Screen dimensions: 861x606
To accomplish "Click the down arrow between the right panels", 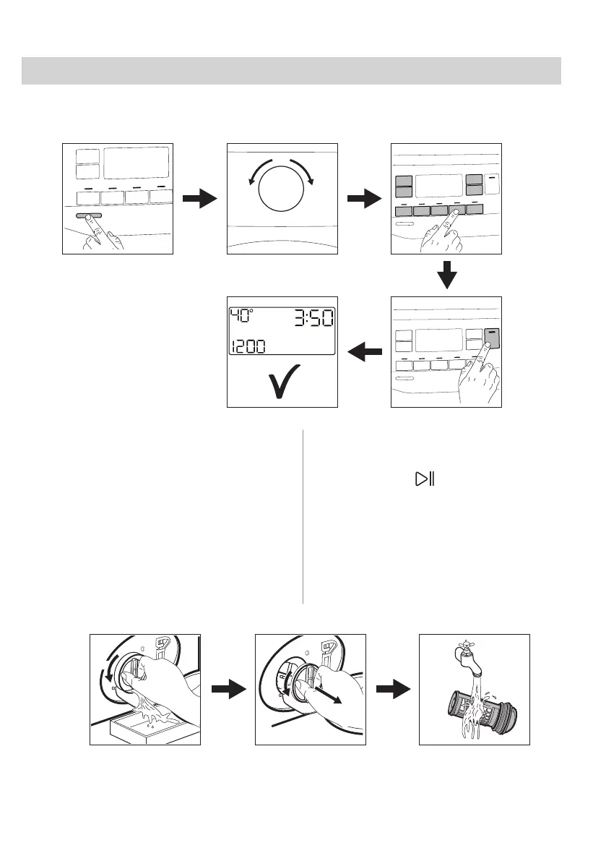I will pyautogui.click(x=447, y=275).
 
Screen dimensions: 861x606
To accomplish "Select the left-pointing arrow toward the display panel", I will pyautogui.click(x=364, y=352).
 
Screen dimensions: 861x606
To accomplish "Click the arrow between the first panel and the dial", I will pyautogui.click(x=199, y=199).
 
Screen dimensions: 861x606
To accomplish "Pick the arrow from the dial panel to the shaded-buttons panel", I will pyautogui.click(x=364, y=199).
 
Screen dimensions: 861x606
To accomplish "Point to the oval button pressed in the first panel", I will pyautogui.click(x=87, y=215).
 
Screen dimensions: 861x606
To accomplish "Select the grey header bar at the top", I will pyautogui.click(x=291, y=71).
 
